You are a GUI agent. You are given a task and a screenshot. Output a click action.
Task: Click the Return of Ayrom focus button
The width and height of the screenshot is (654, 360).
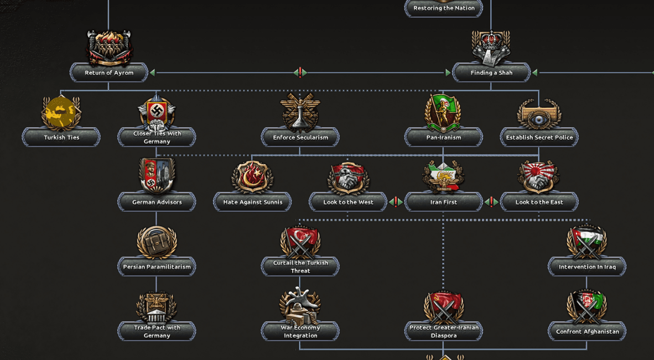pos(109,73)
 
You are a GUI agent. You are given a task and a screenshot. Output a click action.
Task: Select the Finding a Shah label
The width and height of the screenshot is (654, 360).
pos(491,73)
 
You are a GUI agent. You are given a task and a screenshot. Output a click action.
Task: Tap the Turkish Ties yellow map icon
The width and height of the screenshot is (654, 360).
pos(61,112)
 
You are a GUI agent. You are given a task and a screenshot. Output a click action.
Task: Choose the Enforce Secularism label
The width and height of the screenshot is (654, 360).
pos(300,138)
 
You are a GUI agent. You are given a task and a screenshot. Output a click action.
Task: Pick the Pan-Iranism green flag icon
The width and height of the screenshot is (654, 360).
pos(443,112)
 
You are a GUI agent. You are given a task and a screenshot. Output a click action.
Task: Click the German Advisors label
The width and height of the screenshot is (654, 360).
pos(157,202)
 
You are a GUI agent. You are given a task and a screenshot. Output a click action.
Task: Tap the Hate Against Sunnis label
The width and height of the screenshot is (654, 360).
pos(252,202)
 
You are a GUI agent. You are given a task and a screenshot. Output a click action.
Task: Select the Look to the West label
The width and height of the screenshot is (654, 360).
pos(348,202)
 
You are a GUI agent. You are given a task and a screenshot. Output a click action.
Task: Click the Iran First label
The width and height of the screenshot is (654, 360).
pos(443,202)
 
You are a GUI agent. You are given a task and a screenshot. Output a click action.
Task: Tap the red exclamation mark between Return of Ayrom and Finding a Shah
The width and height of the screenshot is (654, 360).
pos(300,73)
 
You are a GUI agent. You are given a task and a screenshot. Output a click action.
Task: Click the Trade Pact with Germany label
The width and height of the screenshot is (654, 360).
pos(157,332)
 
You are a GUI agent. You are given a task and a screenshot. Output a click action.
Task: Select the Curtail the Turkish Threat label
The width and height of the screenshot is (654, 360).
pos(300,267)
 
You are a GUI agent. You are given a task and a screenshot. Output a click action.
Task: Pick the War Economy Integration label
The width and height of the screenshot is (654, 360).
pos(300,332)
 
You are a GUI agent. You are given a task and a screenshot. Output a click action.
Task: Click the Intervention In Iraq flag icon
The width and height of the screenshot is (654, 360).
pos(586,242)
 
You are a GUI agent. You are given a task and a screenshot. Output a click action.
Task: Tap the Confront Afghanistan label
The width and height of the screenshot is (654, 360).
pos(587,332)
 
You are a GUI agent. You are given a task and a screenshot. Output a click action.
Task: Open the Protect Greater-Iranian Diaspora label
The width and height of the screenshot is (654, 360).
pos(443,332)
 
